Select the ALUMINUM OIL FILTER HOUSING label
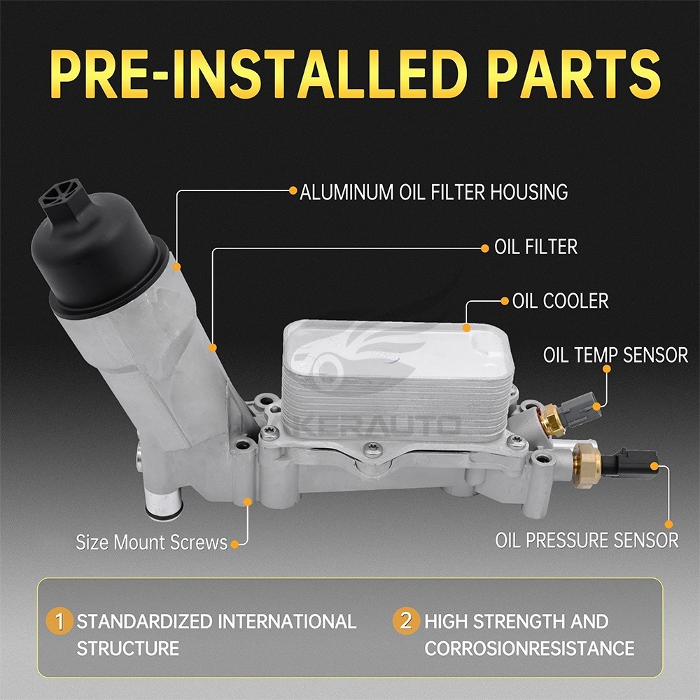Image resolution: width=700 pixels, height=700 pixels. point(433,191)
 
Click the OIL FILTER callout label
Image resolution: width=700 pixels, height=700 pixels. point(535,246)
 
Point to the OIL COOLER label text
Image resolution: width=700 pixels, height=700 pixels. point(560,301)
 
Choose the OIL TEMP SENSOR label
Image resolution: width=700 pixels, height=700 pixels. point(615,355)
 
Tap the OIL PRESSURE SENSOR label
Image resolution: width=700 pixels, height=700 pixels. point(587,540)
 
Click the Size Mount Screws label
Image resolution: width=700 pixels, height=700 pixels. point(151,542)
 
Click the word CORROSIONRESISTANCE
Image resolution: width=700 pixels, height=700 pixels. point(529,647)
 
